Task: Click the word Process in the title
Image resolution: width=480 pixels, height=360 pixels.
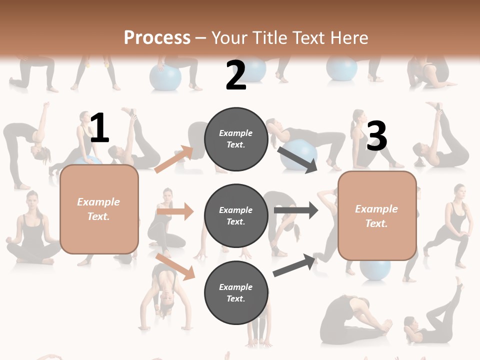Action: pyautogui.click(x=157, y=37)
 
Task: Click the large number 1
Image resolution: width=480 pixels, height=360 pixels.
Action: pyautogui.click(x=99, y=128)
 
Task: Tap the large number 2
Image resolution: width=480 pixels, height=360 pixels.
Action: pyautogui.click(x=236, y=75)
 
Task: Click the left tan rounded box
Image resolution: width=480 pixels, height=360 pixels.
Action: pyautogui.click(x=99, y=209)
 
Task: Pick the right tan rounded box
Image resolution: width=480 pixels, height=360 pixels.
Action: pyautogui.click(x=377, y=216)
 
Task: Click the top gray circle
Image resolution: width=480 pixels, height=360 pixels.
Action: pyautogui.click(x=236, y=139)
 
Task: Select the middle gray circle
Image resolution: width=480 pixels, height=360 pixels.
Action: pyautogui.click(x=236, y=215)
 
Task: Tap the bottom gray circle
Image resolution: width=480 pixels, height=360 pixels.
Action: pyautogui.click(x=236, y=292)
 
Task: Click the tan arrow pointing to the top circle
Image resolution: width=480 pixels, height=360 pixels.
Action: pyautogui.click(x=174, y=159)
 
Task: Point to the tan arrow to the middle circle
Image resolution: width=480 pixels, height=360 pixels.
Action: pyautogui.click(x=175, y=211)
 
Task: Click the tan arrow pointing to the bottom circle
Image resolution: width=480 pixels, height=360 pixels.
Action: pyautogui.click(x=175, y=266)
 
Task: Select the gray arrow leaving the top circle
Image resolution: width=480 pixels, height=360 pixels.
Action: pyautogui.click(x=297, y=159)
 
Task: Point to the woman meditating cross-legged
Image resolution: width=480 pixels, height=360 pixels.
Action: pyautogui.click(x=32, y=230)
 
